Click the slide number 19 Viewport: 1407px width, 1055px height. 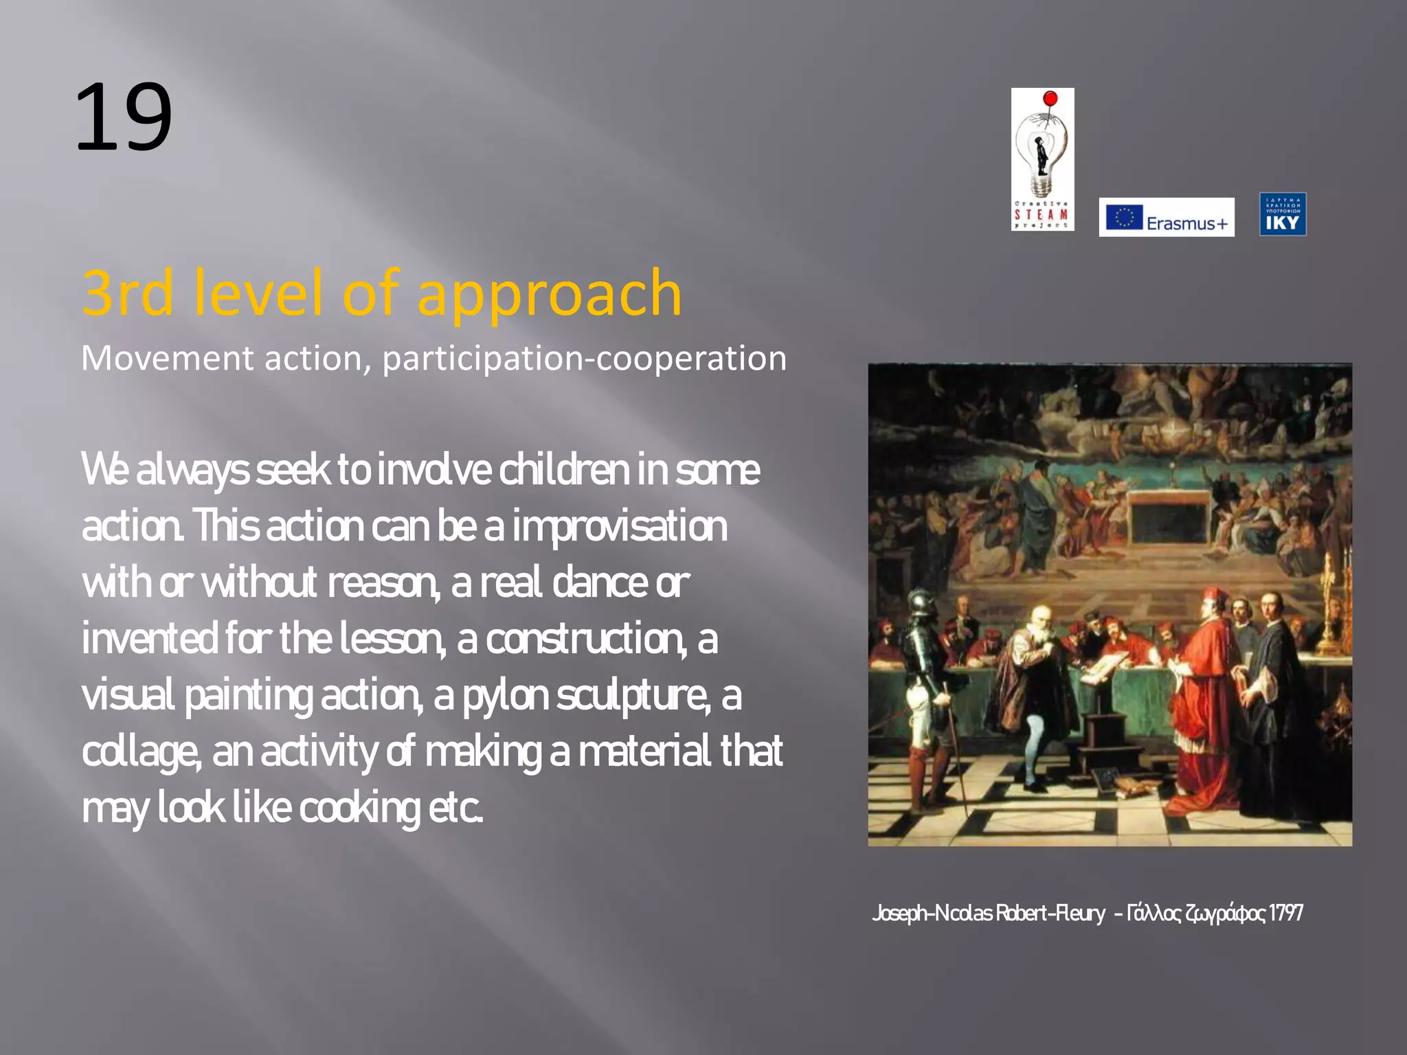124,117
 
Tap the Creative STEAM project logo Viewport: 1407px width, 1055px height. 1042,159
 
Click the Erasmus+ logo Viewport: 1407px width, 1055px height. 1166,217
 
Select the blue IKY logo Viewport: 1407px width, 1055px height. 1283,214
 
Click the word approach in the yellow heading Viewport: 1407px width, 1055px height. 549,295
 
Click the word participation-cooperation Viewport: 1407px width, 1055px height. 584,359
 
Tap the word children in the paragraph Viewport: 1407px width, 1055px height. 564,470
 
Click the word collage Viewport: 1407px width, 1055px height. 141,752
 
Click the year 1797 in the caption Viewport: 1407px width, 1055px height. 1285,914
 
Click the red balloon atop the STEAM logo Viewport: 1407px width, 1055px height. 1050,98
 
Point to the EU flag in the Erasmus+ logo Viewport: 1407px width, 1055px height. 1124,217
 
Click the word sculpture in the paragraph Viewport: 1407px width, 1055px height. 633,696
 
